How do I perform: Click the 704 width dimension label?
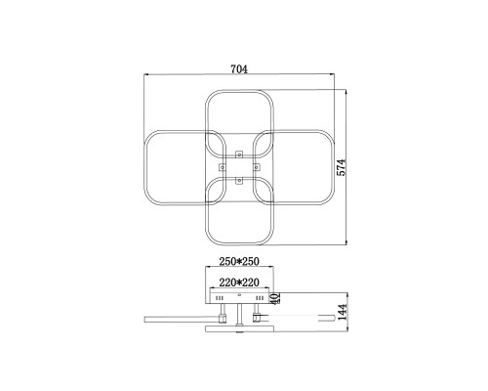239,69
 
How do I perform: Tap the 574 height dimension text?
342,167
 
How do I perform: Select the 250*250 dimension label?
239,261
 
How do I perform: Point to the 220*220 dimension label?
239,282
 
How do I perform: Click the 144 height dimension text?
343,312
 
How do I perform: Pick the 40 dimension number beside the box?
275,298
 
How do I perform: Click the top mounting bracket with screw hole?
239,153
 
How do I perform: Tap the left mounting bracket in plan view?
223,167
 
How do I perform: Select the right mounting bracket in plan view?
257,167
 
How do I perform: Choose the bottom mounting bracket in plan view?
239,180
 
